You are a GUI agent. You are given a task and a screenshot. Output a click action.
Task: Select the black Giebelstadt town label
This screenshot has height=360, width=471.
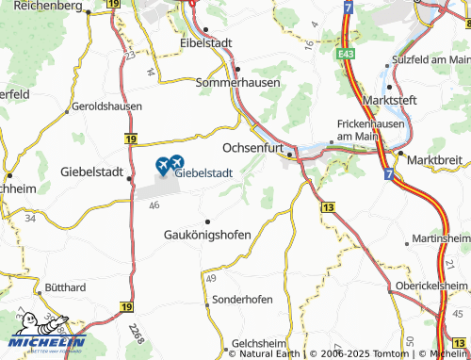92,172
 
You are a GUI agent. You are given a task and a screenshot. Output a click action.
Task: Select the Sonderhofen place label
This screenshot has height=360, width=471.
240,299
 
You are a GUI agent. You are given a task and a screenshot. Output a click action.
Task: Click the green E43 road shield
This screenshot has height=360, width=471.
345,57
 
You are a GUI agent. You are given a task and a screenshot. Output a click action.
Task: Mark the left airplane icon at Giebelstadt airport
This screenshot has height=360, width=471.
161,165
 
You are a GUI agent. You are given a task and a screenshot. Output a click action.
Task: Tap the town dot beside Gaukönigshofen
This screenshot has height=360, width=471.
207,221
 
